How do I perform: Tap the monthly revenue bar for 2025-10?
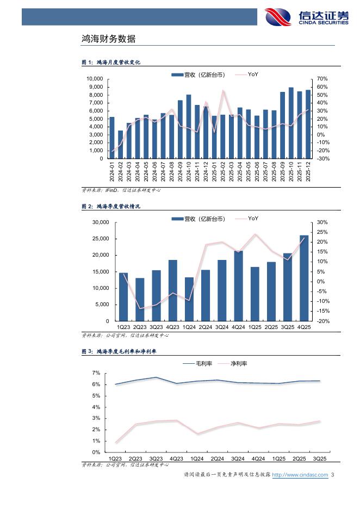(291, 123)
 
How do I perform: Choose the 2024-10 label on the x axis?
(189, 171)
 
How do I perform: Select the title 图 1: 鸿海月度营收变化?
(111, 63)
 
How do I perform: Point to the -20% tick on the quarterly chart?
(322, 321)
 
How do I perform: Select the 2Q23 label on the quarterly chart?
(140, 327)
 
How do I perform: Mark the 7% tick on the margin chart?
(96, 373)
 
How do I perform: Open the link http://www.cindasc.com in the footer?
(300, 475)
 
